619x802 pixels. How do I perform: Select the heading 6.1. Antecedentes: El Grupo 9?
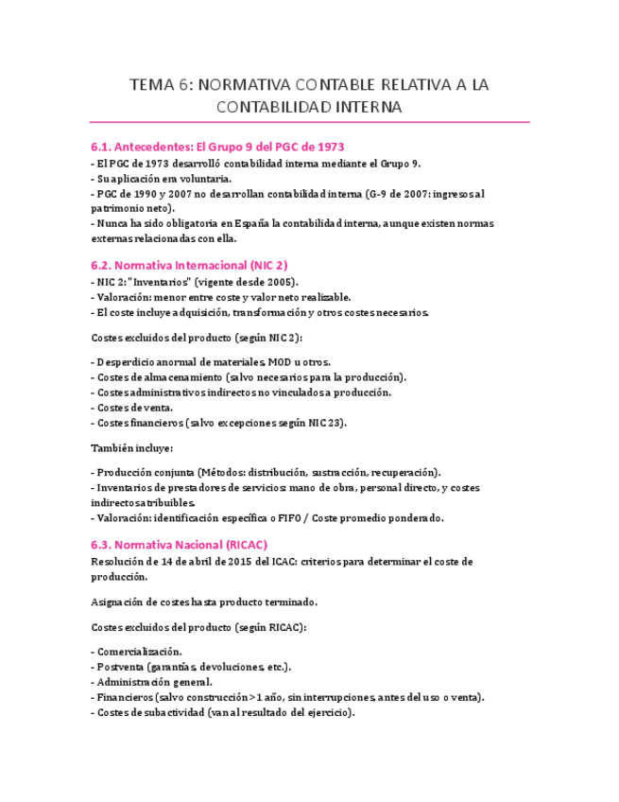pos(216,147)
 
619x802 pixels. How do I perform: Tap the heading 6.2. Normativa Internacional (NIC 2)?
pos(189,266)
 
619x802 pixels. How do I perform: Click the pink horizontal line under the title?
pos(309,123)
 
